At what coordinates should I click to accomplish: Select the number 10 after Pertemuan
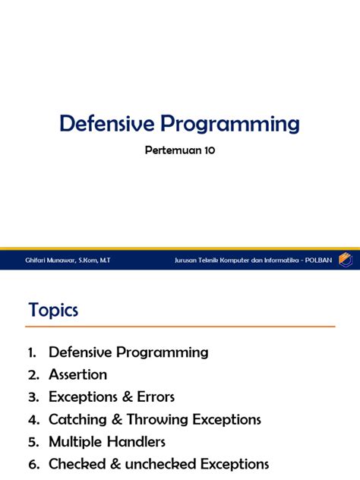point(207,150)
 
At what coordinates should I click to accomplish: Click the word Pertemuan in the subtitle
point(172,150)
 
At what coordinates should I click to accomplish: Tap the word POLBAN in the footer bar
point(318,260)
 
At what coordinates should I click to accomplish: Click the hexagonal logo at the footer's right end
point(346,259)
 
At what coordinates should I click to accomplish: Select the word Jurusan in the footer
point(187,260)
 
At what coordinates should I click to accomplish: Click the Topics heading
point(53,310)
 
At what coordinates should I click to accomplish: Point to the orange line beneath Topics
point(180,327)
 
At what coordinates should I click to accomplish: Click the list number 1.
point(32,352)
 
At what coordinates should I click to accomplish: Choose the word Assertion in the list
point(77,374)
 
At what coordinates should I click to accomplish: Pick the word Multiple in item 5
point(75,441)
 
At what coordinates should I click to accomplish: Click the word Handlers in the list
point(136,441)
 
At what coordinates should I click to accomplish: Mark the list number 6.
point(32,464)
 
